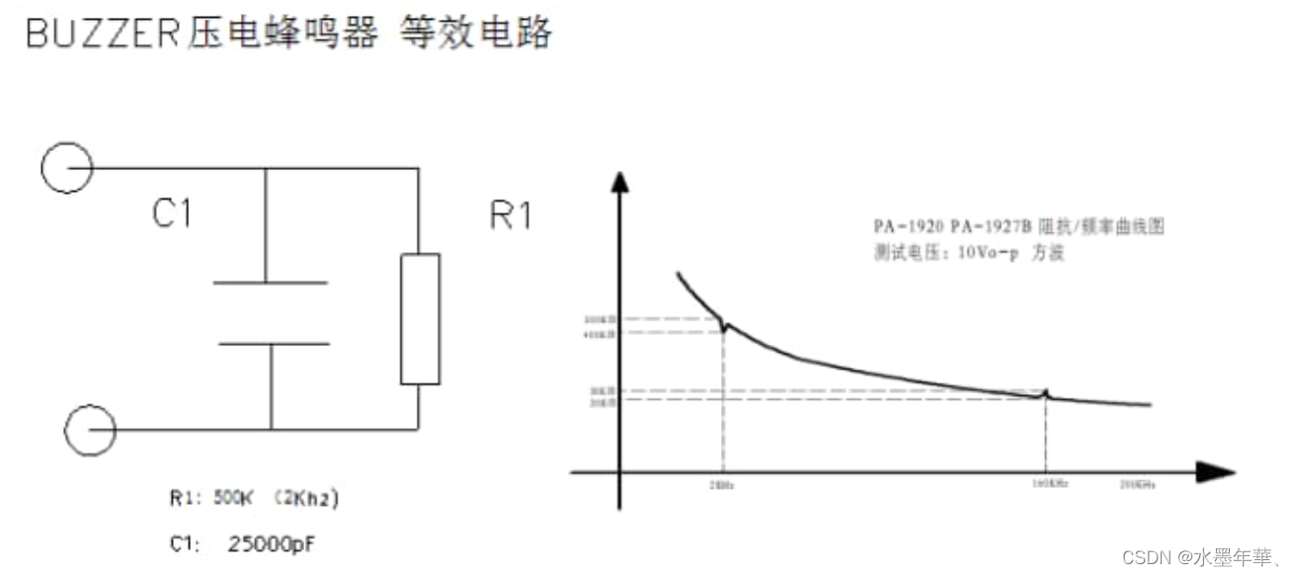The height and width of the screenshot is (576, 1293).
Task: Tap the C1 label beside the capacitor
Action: tap(172, 213)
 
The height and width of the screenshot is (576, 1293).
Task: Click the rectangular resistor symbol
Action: tap(420, 318)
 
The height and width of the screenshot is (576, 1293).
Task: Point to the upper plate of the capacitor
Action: tap(270, 283)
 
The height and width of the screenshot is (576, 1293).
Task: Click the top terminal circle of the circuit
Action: tap(67, 167)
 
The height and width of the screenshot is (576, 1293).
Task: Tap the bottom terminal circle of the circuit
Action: tap(90, 430)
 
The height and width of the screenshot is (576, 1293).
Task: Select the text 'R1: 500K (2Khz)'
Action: tap(253, 500)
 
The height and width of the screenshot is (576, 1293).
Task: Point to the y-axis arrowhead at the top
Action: tap(619, 184)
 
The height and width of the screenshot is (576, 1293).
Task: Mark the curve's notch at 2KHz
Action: tap(724, 325)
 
